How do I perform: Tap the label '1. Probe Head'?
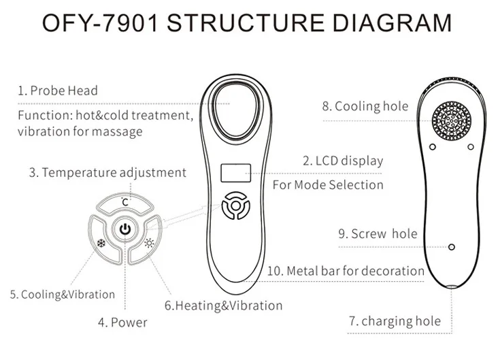[57, 91]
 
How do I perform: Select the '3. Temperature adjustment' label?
[107, 172]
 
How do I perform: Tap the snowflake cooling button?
[101, 243]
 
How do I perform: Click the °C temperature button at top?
[124, 202]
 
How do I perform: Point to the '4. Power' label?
[120, 322]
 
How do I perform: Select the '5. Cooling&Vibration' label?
[62, 295]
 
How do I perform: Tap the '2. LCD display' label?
[342, 161]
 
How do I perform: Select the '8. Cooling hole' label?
[365, 106]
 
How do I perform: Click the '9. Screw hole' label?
[378, 234]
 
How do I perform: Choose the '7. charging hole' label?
[395, 321]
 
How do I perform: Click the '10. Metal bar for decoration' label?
[345, 271]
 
